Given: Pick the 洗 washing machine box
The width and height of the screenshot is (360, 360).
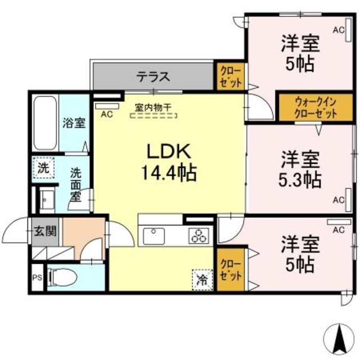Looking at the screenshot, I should (43, 167).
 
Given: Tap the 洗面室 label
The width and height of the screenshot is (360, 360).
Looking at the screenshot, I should (75, 183).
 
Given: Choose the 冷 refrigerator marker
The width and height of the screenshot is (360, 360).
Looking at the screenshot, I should (201, 278).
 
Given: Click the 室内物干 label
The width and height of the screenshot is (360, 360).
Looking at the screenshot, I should (152, 106).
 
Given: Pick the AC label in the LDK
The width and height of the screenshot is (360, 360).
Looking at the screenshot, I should (106, 114).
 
